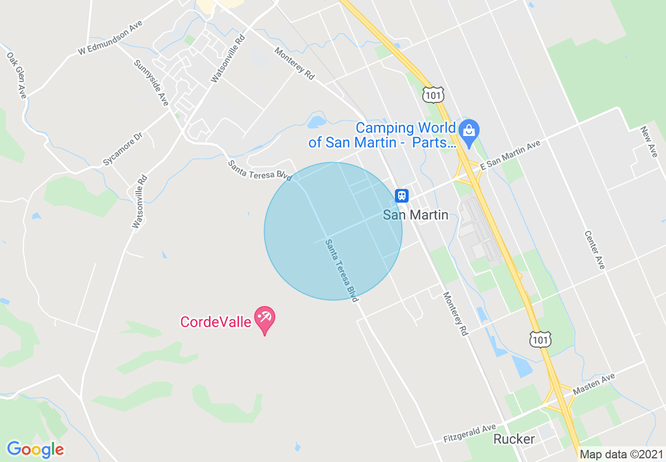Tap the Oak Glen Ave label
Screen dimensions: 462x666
16,75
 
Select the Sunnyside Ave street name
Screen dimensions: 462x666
151,83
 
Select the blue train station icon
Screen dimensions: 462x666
402,196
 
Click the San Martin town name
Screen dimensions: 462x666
416,215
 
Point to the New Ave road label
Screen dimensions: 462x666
649,142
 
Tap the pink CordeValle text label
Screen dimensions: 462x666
216,322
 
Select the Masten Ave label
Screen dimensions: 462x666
594,384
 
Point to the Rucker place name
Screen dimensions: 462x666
514,439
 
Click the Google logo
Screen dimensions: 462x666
35,449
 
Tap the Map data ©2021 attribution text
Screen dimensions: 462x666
621,454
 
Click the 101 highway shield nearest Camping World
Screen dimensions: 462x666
433,94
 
